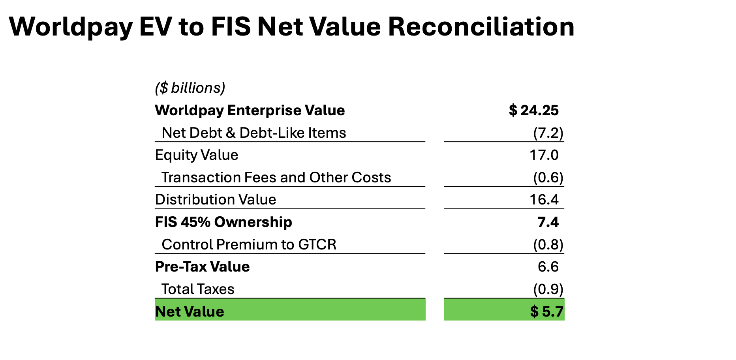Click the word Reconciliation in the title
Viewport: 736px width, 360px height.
pyautogui.click(x=481, y=27)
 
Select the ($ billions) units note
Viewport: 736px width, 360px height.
pyautogui.click(x=190, y=88)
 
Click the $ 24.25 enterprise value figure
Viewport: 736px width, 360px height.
pyautogui.click(x=534, y=110)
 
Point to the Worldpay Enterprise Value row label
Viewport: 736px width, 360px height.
pyautogui.click(x=250, y=110)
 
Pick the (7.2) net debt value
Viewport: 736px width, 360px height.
pyautogui.click(x=548, y=133)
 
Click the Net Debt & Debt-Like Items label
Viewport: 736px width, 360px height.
pyautogui.click(x=253, y=133)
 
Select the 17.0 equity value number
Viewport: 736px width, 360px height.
pyautogui.click(x=544, y=155)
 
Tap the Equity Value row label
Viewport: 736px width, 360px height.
pyautogui.click(x=196, y=155)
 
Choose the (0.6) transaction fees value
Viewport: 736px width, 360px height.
pyautogui.click(x=548, y=178)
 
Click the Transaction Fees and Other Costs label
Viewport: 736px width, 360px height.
pyautogui.click(x=276, y=178)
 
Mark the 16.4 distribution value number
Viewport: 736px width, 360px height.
pyautogui.click(x=544, y=200)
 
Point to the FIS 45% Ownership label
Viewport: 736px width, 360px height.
pyautogui.click(x=223, y=222)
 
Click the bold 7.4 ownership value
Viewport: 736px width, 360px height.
pyautogui.click(x=548, y=222)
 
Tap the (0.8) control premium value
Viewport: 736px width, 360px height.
pyautogui.click(x=548, y=245)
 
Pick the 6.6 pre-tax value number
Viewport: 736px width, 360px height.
pyautogui.click(x=548, y=267)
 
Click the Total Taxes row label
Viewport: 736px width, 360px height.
pyautogui.click(x=197, y=289)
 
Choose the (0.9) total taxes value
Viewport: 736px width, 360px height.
pyautogui.click(x=548, y=289)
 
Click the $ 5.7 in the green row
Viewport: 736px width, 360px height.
pyautogui.click(x=546, y=312)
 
